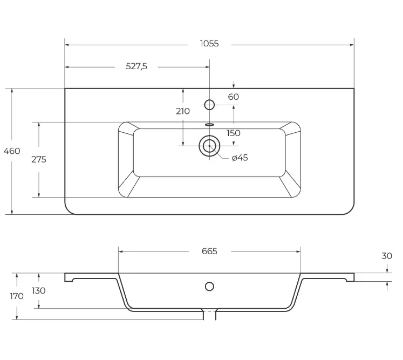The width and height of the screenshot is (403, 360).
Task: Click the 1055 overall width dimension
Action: point(209,44)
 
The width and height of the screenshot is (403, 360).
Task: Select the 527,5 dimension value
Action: point(136,66)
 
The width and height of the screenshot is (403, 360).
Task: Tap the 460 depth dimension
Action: point(12,151)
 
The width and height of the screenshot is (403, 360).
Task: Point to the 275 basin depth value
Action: point(39,159)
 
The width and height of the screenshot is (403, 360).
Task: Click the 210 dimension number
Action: point(183,111)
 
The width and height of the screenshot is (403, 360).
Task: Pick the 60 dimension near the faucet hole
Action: point(234,97)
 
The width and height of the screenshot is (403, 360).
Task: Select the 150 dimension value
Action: point(234,133)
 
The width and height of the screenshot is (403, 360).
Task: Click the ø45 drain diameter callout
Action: point(240,158)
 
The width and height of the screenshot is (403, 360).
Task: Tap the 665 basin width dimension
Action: point(209,251)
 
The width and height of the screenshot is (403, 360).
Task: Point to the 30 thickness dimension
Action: point(387,256)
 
